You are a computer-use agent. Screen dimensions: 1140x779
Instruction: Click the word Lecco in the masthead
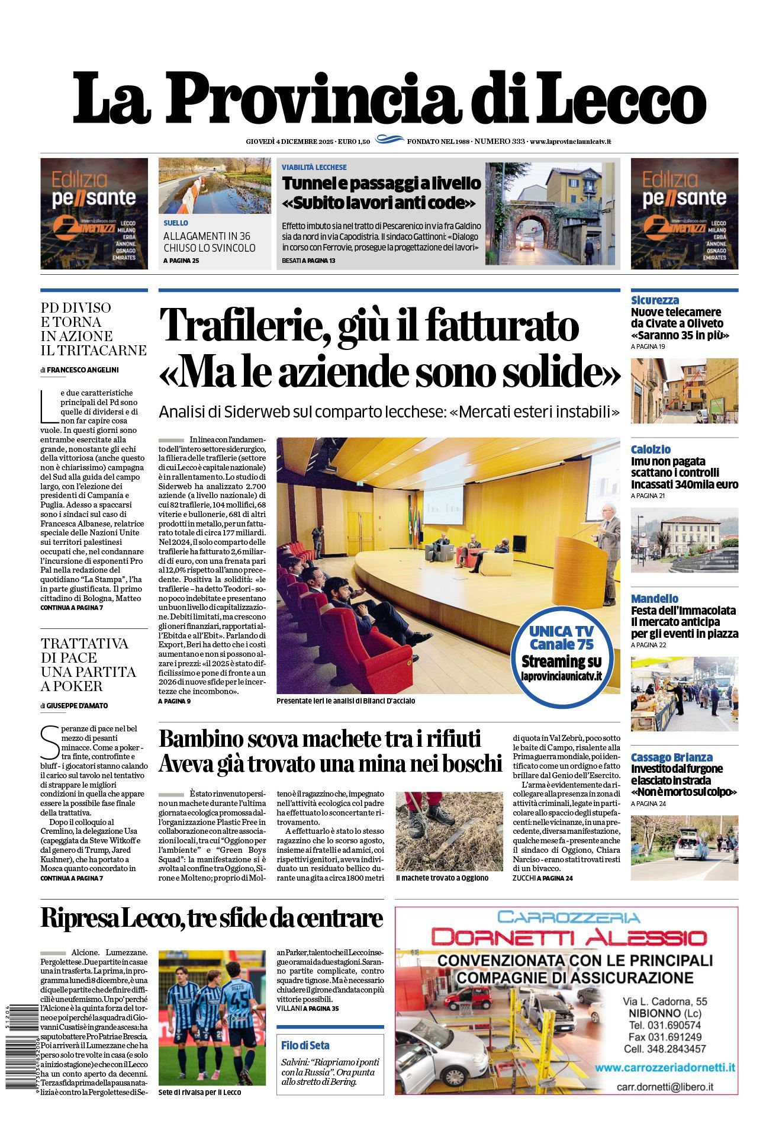tap(622, 98)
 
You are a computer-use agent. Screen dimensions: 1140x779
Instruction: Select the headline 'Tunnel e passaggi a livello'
tap(381, 184)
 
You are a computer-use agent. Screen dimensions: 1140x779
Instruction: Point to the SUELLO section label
tap(176, 223)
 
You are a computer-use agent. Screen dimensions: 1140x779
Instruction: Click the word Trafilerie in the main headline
tap(244, 326)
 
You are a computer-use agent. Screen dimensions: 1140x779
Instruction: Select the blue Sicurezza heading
tap(655, 300)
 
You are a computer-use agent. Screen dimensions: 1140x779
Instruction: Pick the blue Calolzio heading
tap(651, 449)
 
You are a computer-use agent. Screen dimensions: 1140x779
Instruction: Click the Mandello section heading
tap(654, 599)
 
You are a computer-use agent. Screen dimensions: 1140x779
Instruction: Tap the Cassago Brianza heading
tap(671, 757)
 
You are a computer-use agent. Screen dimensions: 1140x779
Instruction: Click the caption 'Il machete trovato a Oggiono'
tap(442, 878)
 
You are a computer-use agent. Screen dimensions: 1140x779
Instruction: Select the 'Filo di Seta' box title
tap(305, 1045)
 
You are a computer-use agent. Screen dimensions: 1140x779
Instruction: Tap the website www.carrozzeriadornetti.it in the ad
tap(665, 1067)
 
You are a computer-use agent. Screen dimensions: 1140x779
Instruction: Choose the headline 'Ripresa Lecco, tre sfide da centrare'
tap(211, 919)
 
